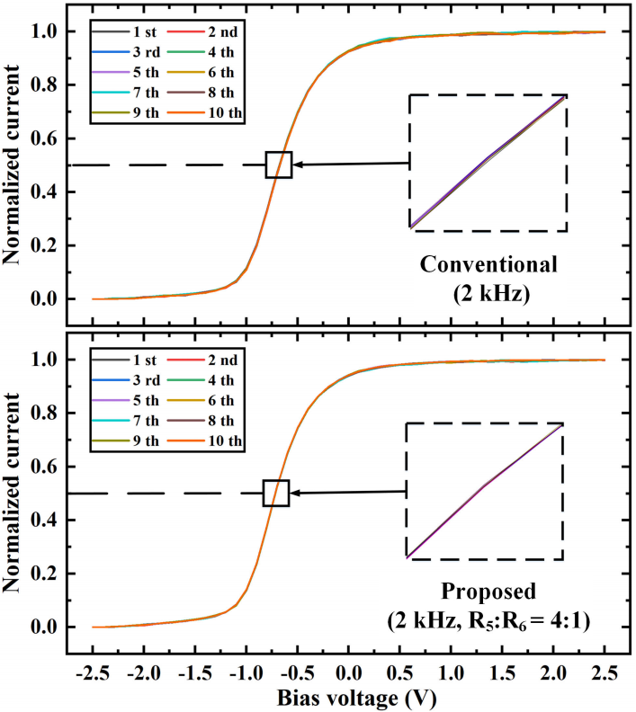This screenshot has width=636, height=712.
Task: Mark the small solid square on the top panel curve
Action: click(x=279, y=165)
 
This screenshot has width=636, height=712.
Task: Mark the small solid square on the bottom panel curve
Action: click(x=276, y=493)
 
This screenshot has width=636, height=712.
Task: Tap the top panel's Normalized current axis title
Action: click(x=15, y=165)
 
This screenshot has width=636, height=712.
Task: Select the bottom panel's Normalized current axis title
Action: click(x=15, y=493)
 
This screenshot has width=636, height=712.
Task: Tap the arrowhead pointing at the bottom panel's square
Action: click(x=296, y=493)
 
